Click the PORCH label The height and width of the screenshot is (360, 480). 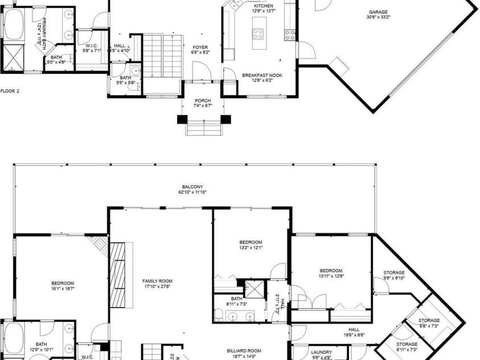202,103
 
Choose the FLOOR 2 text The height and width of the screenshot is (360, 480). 10,91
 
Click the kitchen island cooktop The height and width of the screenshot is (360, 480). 258,34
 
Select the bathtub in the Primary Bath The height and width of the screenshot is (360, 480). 12,25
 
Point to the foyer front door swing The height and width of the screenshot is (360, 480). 201,72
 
